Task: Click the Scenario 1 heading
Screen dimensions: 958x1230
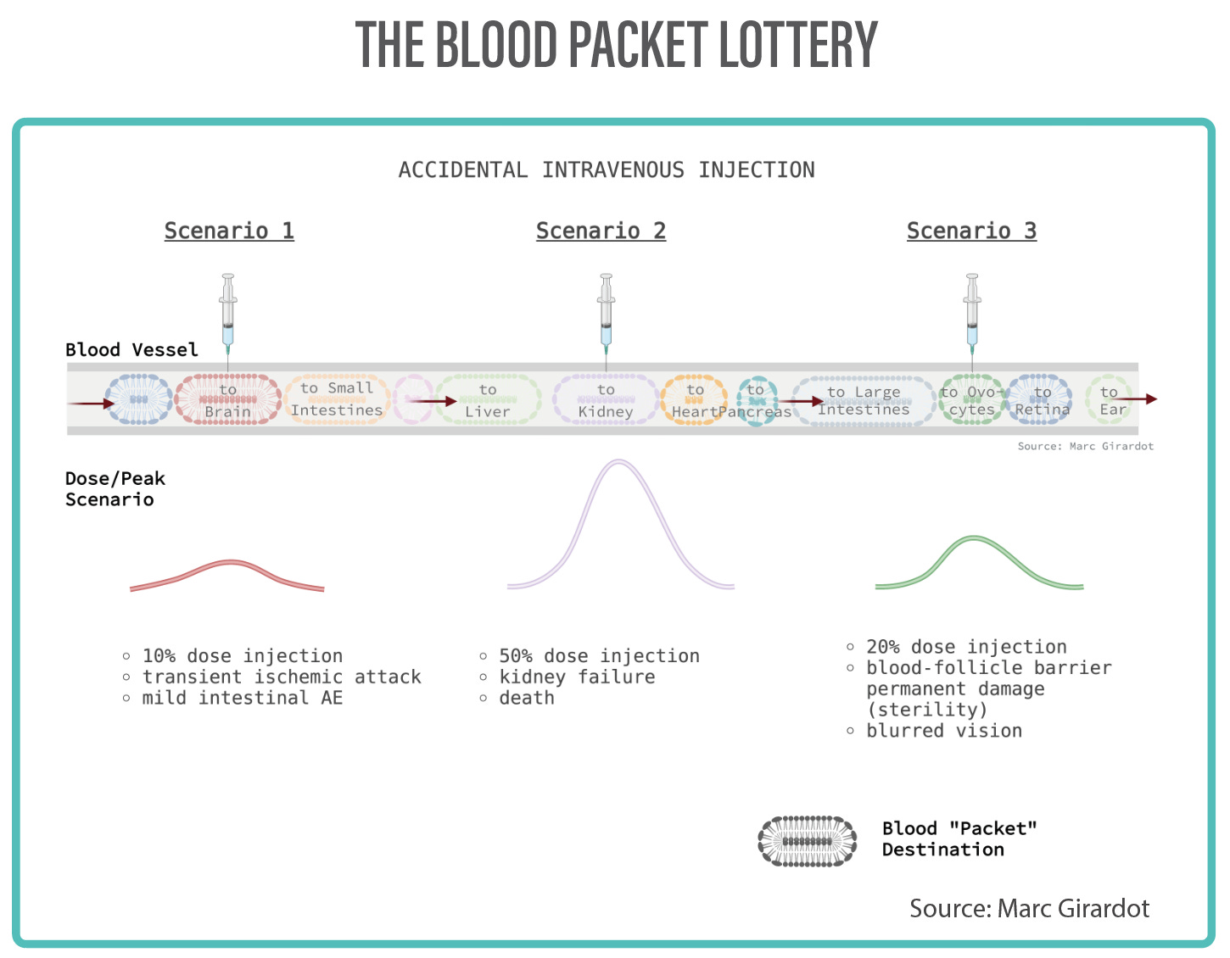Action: click(x=229, y=231)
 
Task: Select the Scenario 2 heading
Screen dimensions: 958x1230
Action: click(x=601, y=231)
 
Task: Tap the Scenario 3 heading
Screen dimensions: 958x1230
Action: click(x=971, y=231)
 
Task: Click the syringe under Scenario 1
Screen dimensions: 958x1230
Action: click(x=227, y=312)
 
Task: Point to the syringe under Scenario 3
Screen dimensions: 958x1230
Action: click(x=972, y=312)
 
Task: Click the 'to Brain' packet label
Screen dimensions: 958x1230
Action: click(x=227, y=400)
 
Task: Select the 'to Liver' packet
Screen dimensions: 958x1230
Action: click(x=488, y=400)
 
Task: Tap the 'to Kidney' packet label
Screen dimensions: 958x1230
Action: click(x=606, y=400)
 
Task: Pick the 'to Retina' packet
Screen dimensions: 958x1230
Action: click(x=1042, y=400)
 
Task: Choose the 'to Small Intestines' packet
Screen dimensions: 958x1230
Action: click(x=337, y=399)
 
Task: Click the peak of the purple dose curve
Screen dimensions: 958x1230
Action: click(x=620, y=462)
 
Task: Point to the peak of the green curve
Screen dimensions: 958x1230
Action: click(x=974, y=538)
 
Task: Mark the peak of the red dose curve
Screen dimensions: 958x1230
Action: click(x=230, y=562)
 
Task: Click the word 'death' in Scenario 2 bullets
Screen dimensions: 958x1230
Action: click(x=527, y=698)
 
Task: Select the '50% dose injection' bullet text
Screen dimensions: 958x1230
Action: click(x=599, y=655)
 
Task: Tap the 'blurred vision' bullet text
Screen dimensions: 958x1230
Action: click(x=944, y=731)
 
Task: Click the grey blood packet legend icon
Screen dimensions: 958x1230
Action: click(x=807, y=841)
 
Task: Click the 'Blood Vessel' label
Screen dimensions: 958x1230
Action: click(x=131, y=349)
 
